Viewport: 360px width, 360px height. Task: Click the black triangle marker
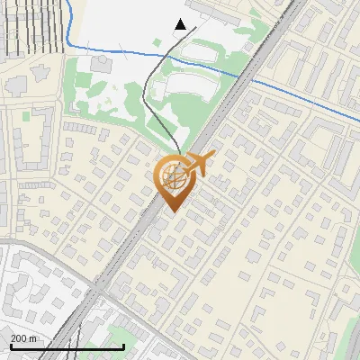[x=181, y=24]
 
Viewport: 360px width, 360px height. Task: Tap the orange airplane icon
[x=199, y=164]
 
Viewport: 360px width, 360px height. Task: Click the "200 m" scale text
[x=24, y=338]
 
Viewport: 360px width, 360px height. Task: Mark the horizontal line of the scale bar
[x=67, y=346]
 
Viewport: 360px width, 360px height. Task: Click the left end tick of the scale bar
[x=10, y=345]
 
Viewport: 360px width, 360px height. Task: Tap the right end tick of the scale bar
[x=123, y=345]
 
